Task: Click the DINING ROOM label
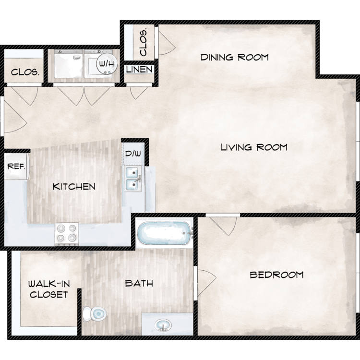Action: (234, 57)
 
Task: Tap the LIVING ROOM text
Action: (254, 147)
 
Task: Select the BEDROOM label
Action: (276, 275)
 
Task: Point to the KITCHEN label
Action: (74, 187)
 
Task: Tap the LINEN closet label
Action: (139, 69)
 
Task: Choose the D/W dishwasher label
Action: (133, 154)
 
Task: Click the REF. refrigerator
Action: (16, 166)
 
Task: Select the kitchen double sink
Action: (133, 179)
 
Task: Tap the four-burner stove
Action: (67, 234)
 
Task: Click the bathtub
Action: (165, 233)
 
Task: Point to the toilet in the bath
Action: (95, 313)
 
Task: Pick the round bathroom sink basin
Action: (163, 325)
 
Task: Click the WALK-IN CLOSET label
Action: (49, 289)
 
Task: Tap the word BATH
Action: (139, 284)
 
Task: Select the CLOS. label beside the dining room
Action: (144, 43)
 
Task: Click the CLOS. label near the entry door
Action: (25, 72)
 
